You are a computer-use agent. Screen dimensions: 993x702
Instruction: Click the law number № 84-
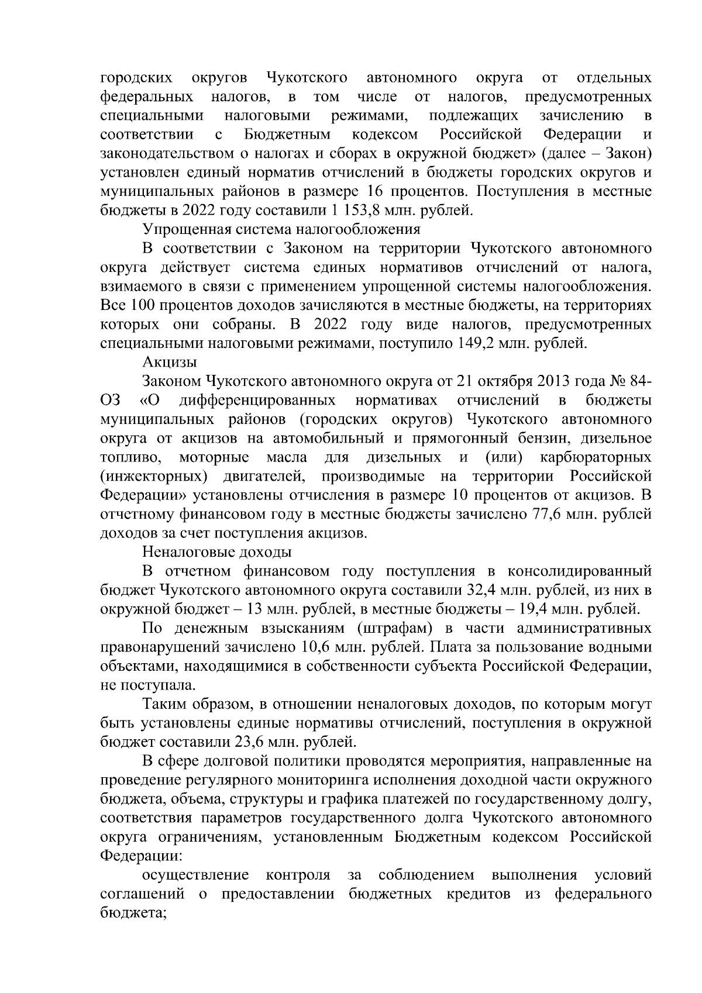(x=629, y=381)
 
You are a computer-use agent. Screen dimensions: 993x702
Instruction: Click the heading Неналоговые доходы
(x=217, y=553)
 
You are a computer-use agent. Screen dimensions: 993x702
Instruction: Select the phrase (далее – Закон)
(x=597, y=153)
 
